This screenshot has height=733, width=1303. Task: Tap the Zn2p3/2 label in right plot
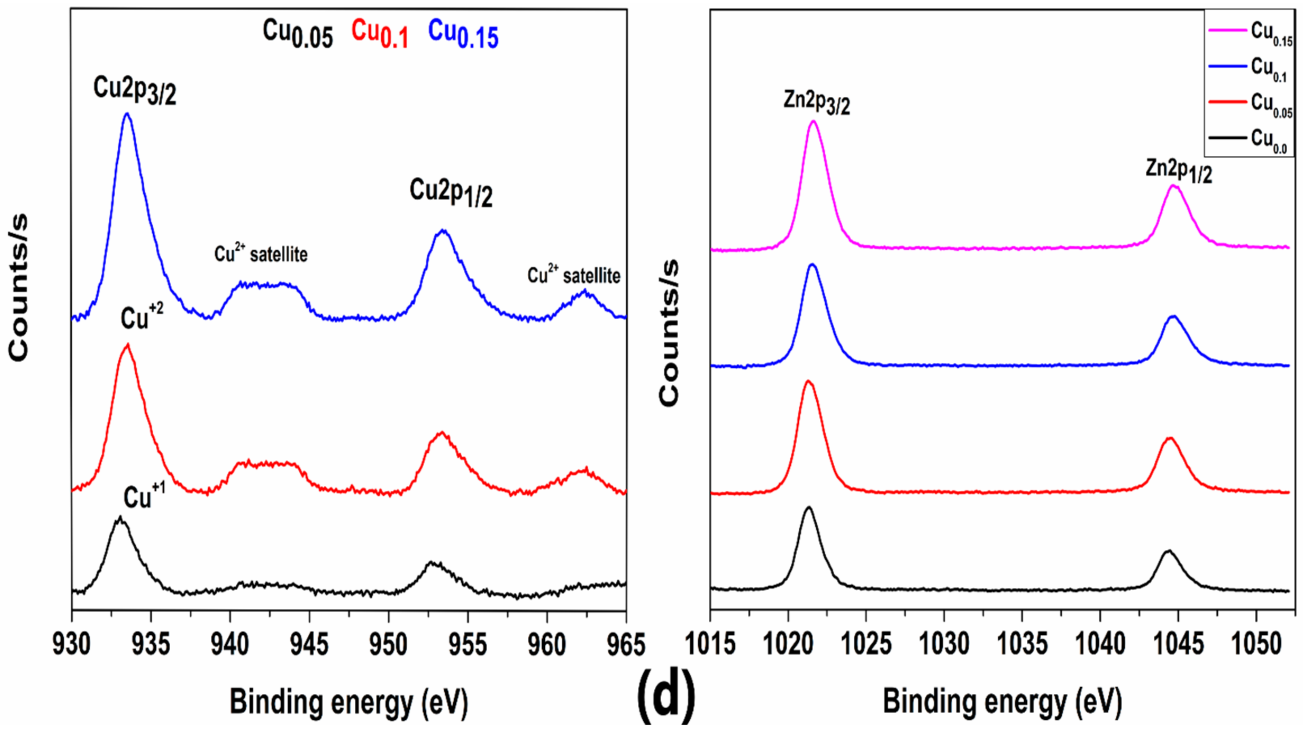coord(816,104)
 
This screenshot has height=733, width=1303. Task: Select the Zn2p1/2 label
coord(1178,170)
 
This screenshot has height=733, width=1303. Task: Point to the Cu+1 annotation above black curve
coord(144,496)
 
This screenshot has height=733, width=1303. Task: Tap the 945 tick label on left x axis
coord(309,644)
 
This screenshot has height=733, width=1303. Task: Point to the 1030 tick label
coord(943,644)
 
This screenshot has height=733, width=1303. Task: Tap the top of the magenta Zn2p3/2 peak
coord(813,121)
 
